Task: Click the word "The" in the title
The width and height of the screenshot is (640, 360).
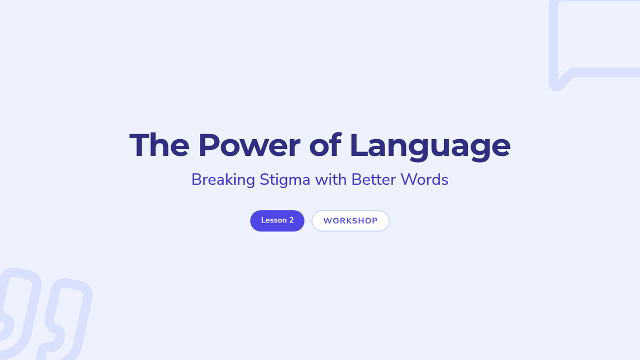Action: (159, 145)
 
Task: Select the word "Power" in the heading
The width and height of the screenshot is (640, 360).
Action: (250, 145)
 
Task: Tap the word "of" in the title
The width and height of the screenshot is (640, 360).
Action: (325, 145)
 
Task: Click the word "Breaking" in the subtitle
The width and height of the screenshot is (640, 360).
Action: (223, 180)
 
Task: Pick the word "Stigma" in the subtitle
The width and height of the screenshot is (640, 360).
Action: (285, 180)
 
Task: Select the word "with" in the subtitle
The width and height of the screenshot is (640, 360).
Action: (331, 179)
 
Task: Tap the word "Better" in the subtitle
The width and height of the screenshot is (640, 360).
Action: (374, 179)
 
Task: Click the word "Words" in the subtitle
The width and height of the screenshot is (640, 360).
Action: (425, 179)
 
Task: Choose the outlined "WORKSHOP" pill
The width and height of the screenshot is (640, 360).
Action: (350, 221)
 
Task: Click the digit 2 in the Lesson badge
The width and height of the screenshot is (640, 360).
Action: (291, 220)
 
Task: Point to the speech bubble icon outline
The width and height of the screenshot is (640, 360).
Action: (553, 43)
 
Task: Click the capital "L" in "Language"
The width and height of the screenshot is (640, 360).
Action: (358, 145)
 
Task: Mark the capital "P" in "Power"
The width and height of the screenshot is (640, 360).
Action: (209, 145)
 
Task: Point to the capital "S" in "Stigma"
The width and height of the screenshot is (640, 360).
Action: (265, 180)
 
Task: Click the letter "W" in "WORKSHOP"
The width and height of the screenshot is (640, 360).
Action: (327, 221)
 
